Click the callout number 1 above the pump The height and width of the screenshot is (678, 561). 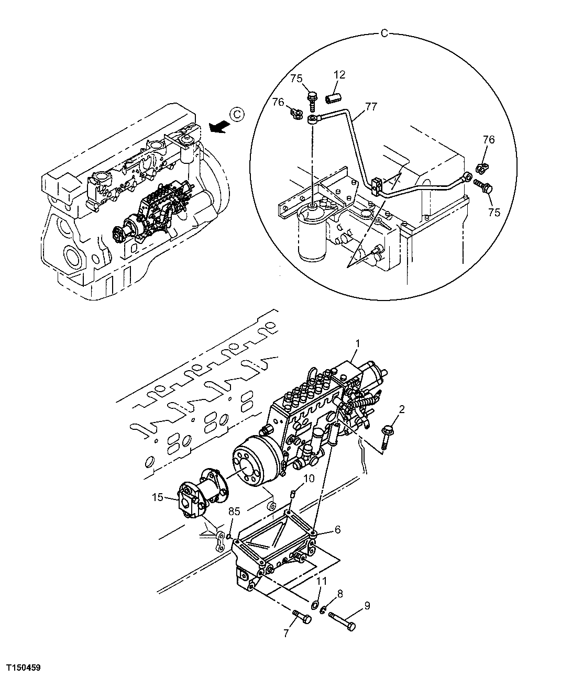pyautogui.click(x=357, y=343)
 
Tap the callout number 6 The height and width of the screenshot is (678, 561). pyautogui.click(x=338, y=530)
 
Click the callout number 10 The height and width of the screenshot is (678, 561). pyautogui.click(x=309, y=479)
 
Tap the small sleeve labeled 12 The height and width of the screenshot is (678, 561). pyautogui.click(x=335, y=98)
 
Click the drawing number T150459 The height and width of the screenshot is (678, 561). pyautogui.click(x=24, y=668)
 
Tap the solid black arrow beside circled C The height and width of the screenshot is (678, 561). pyautogui.click(x=218, y=125)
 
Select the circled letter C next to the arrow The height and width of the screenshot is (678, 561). pyautogui.click(x=237, y=114)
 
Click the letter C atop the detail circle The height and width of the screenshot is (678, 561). pyautogui.click(x=383, y=34)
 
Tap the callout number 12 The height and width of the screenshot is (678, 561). pyautogui.click(x=339, y=75)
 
